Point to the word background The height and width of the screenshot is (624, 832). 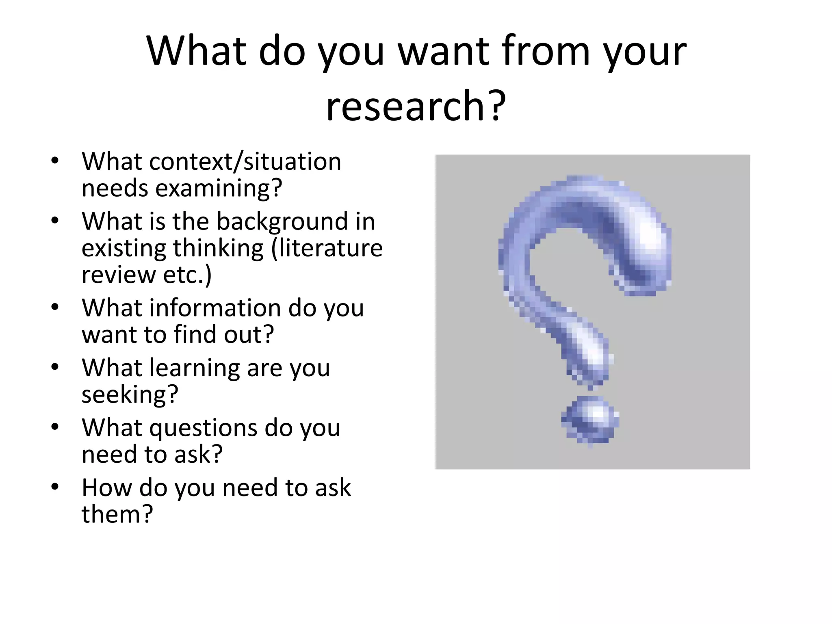[x=282, y=221]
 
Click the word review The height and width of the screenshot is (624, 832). [x=118, y=275]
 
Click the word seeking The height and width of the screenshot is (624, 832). [x=130, y=394]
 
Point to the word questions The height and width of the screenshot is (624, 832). [x=203, y=427]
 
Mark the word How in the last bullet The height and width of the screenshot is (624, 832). [x=107, y=487]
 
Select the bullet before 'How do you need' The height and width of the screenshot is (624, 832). [x=55, y=487]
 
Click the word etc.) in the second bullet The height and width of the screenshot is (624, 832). [x=187, y=275]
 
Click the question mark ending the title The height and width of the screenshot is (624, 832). [x=496, y=106]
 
